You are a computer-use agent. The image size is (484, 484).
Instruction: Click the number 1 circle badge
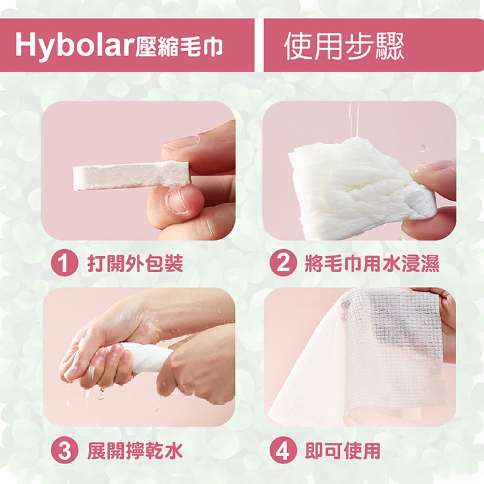coord(65,263)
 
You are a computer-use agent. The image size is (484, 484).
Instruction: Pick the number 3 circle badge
coord(65,450)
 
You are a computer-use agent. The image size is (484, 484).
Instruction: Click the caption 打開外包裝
coord(134,263)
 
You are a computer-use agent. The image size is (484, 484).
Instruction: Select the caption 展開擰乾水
coord(134,450)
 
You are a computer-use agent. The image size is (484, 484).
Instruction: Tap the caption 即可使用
coord(343,450)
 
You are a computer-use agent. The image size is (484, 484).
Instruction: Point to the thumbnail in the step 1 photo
coord(176,200)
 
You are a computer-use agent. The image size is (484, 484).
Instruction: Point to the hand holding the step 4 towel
coord(446,316)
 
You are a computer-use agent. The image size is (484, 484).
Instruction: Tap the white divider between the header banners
coord(259,45)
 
